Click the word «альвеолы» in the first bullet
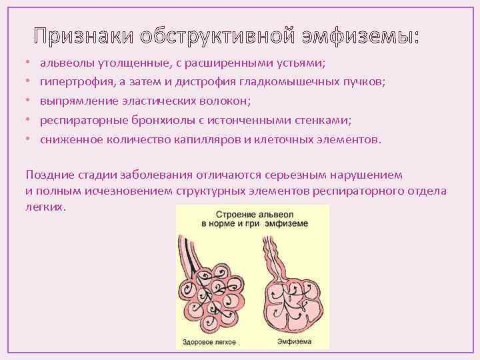tap(64, 63)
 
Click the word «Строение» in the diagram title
tap(235, 215)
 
